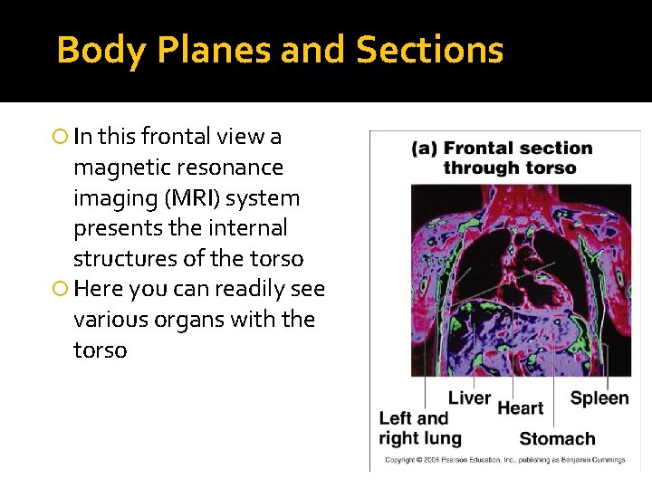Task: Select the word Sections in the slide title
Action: click(x=429, y=50)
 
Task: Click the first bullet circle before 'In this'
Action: click(x=60, y=138)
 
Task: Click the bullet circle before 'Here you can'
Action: click(x=60, y=290)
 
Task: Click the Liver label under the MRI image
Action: click(x=469, y=398)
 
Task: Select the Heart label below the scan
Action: click(x=520, y=408)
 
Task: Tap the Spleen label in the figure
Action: click(x=599, y=398)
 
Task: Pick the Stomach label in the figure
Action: click(x=557, y=439)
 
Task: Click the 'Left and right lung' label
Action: click(x=419, y=428)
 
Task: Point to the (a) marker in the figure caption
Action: click(x=425, y=149)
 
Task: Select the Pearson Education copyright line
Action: click(x=505, y=460)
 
